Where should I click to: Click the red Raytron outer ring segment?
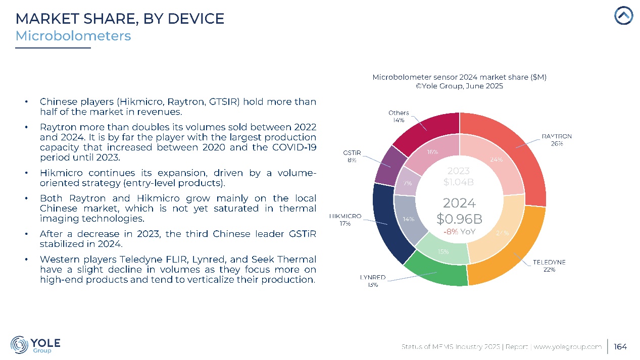(x=525, y=151)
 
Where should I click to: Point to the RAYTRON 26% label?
(x=557, y=140)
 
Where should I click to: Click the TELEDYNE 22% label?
(x=549, y=266)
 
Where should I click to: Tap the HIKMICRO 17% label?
(x=346, y=219)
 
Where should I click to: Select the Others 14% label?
(x=399, y=116)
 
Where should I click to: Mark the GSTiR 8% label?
(x=352, y=156)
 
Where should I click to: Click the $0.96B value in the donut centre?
(x=459, y=219)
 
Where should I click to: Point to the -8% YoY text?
(x=459, y=232)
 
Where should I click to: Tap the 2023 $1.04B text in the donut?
(x=459, y=176)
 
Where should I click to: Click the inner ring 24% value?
(x=497, y=160)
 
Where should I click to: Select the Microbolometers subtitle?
(x=73, y=36)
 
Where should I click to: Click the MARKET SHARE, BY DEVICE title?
(x=120, y=19)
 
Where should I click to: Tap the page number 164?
(x=620, y=346)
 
